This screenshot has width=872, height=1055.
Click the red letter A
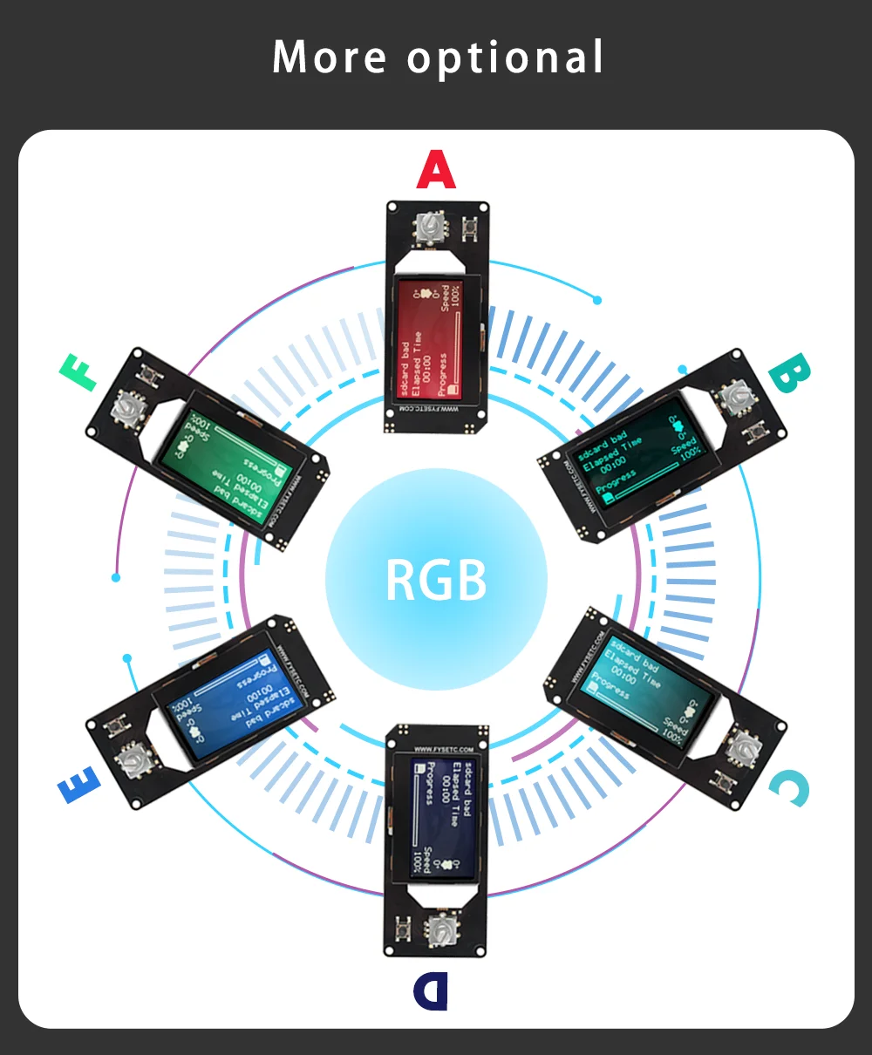436,170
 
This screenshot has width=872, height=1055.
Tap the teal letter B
790,375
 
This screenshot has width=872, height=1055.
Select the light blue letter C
789,788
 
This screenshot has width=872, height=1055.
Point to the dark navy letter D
430,991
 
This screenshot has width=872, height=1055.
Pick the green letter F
78,373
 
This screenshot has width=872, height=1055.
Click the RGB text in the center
436,580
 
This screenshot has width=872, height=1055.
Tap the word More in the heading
330,58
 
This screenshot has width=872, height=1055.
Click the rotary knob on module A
427,228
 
